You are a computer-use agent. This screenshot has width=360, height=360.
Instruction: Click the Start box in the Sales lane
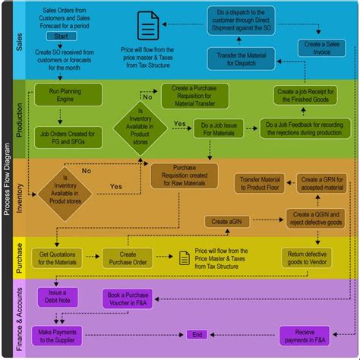pyautogui.click(x=62, y=35)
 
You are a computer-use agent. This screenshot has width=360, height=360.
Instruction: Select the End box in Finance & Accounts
pyautogui.click(x=197, y=334)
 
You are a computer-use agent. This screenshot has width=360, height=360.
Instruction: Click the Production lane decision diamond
pyautogui.click(x=141, y=124)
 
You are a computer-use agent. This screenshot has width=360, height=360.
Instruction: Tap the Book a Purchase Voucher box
pyautogui.click(x=128, y=298)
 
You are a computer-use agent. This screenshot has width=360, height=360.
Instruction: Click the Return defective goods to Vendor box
pyautogui.click(x=306, y=257)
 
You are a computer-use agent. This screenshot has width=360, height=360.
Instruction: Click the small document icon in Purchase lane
pyautogui.click(x=184, y=258)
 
